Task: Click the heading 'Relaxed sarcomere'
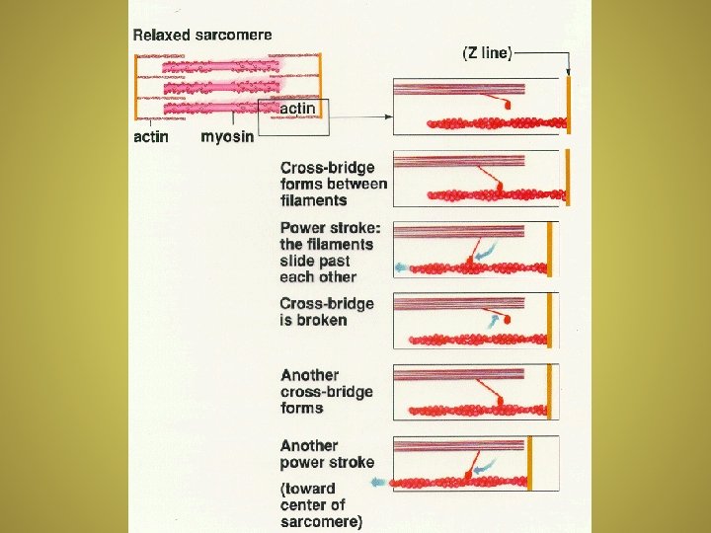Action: coord(202,35)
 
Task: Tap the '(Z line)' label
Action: coord(487,53)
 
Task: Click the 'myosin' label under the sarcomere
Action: coord(227,137)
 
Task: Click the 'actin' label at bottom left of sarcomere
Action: coord(151,137)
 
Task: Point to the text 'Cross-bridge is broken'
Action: coord(327,312)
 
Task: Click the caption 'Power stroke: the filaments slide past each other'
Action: coord(327,252)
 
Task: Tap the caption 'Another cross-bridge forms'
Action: coord(327,391)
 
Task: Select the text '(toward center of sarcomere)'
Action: coord(322,504)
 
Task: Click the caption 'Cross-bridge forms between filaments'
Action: coord(334,184)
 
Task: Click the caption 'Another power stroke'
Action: coord(327,454)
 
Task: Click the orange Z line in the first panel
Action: coord(571,107)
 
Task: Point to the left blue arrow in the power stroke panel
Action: coord(400,267)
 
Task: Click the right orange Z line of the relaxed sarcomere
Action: coord(320,91)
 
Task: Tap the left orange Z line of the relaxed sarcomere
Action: coord(136,91)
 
